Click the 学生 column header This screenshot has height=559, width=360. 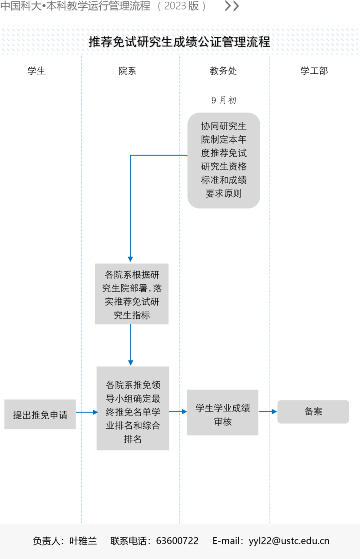tap(36, 71)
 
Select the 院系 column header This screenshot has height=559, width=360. tap(127, 71)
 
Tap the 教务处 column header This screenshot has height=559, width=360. tap(223, 71)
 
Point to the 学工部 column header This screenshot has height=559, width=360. tap(314, 71)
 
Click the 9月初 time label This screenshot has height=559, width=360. tap(224, 100)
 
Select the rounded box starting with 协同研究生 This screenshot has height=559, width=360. tap(224, 160)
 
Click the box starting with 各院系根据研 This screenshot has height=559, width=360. tap(132, 294)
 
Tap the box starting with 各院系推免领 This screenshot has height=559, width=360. tap(133, 408)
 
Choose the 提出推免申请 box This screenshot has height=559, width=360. tap(40, 415)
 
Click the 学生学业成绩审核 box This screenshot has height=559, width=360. tap(222, 412)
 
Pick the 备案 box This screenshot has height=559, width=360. tap(313, 412)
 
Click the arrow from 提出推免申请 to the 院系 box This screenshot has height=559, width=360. tap(87, 412)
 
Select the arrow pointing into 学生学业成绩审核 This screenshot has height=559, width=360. tap(178, 411)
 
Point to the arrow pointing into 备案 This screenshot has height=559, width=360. tap(268, 411)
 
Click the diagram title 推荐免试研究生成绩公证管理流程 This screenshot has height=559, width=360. tap(180, 41)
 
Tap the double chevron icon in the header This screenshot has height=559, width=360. tap(232, 6)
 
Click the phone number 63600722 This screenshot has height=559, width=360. tap(177, 541)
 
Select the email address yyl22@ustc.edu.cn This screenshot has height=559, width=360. tap(289, 541)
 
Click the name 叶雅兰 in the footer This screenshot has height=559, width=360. tap(83, 541)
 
